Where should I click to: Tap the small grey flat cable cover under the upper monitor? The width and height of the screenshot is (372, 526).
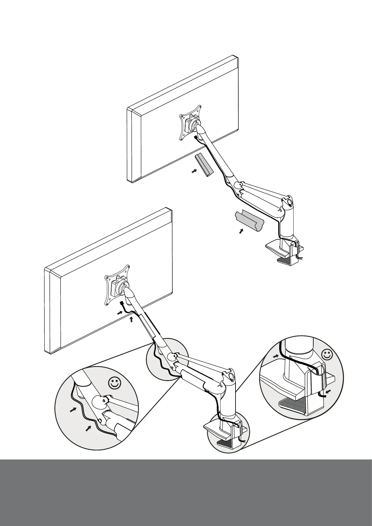[204, 165]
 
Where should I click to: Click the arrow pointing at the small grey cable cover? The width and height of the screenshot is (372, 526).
[195, 171]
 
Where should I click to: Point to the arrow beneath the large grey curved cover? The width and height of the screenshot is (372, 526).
[241, 231]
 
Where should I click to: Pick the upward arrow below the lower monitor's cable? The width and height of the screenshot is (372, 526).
[131, 319]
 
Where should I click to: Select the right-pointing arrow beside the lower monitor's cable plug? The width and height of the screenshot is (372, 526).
[121, 312]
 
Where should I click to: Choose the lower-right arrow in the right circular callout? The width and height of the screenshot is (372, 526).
[328, 391]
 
